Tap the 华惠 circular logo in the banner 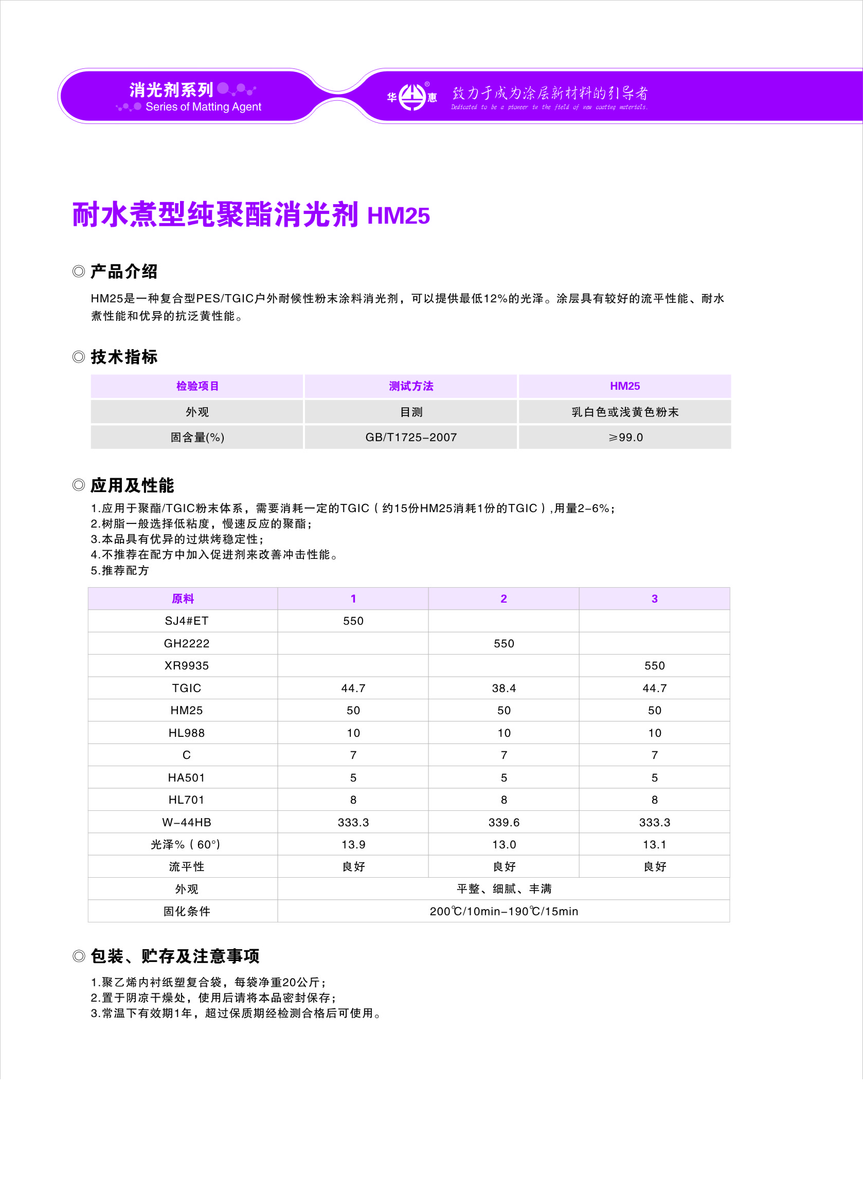412,97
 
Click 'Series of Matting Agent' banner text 203,107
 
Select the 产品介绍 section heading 124,271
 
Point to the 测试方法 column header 411,386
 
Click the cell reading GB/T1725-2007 411,438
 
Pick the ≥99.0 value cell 625,438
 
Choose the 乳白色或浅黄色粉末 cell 625,412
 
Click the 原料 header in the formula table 183,599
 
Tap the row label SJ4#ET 187,621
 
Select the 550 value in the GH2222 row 504,644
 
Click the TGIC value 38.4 504,688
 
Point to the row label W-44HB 187,822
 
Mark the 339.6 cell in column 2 504,822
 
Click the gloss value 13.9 353,844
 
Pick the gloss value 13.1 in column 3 655,844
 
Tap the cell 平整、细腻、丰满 504,889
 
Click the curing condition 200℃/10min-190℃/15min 504,911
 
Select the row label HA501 187,777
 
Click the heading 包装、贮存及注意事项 175,956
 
